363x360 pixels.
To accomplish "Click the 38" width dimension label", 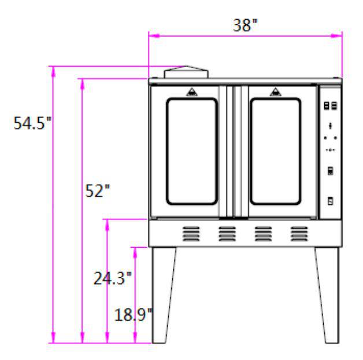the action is [245, 25].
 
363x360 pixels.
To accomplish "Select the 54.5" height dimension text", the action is [32, 123].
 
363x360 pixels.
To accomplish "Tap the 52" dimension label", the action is [97, 191].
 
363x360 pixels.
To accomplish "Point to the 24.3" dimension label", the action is [112, 278].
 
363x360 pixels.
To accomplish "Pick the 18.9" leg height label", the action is [134, 314].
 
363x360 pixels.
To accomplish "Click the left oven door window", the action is [192, 152].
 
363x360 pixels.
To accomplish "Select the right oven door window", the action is [276, 152].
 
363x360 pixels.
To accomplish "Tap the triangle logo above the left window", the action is [192, 92].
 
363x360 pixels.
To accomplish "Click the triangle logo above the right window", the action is [275, 92].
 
